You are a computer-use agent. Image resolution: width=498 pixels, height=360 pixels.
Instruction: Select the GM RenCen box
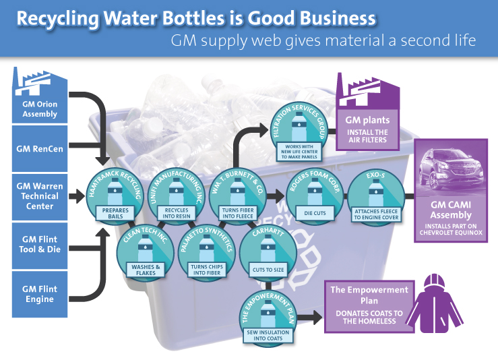[x=40, y=149]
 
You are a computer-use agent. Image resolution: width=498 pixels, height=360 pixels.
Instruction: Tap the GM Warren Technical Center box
[x=40, y=197]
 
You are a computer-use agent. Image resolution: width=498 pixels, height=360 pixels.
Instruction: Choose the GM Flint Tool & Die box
[x=40, y=245]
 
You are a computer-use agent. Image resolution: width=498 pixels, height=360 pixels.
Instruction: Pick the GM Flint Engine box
[x=40, y=294]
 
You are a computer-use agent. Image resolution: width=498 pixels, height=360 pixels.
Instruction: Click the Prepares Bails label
[x=115, y=213]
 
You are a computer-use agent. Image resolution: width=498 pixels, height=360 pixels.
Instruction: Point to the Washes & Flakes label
[x=146, y=270]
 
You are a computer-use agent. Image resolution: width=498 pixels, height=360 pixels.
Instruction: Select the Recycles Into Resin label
[x=177, y=213]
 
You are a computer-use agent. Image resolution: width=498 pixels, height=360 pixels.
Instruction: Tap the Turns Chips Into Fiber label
[x=207, y=270]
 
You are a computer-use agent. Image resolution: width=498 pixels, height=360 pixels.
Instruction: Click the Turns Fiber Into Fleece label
[x=238, y=213]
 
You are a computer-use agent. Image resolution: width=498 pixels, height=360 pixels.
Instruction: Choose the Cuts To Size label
[x=268, y=270]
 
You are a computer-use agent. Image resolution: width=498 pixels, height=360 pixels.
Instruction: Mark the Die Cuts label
[x=315, y=213]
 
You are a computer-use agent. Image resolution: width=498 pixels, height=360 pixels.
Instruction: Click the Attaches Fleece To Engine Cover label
[x=376, y=214]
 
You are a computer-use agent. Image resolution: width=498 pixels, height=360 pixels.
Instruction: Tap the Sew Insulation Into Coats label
[x=268, y=336]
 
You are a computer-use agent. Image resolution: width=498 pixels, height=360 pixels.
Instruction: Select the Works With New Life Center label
[x=299, y=152]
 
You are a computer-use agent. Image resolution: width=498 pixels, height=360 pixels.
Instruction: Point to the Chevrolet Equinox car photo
[x=451, y=169]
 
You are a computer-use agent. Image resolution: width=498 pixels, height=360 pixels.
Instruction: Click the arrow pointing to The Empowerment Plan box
[x=310, y=318]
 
